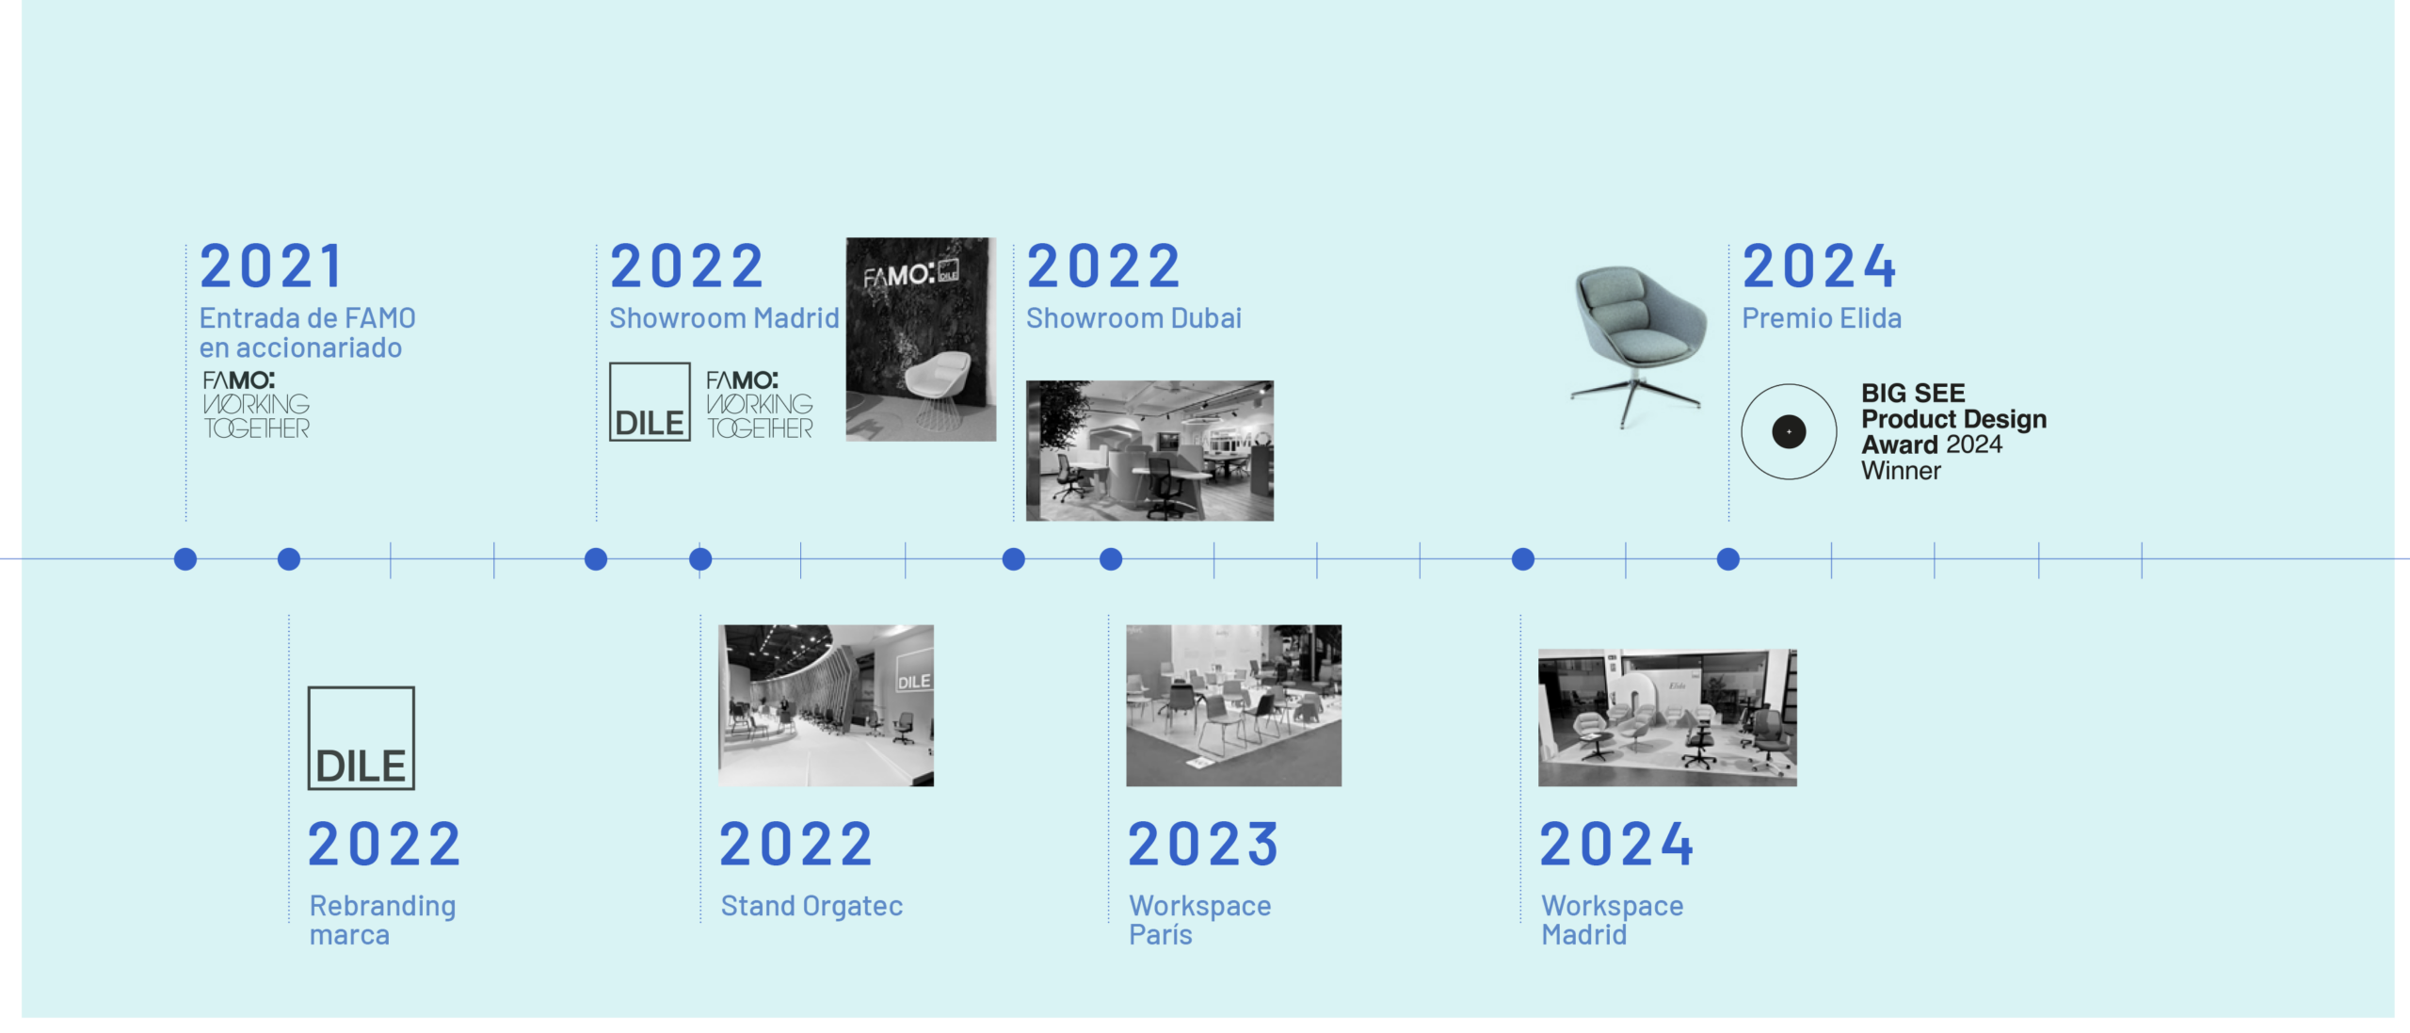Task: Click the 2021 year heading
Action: coord(271,266)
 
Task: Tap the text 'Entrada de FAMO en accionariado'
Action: coord(307,332)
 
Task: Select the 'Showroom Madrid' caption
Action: coord(724,318)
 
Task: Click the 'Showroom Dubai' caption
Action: coord(1133,318)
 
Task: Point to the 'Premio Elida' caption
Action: coord(1822,318)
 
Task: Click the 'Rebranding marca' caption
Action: coord(382,920)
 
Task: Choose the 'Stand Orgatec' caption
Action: coord(811,906)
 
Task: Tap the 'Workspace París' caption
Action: coord(1199,920)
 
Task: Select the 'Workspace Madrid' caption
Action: coord(1612,920)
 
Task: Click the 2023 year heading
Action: coord(1204,844)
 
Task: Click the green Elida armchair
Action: coord(1638,344)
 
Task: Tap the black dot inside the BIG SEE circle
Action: coord(1789,432)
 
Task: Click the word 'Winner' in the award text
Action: coord(1901,471)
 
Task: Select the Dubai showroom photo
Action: coord(1149,451)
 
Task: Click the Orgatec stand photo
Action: coord(826,705)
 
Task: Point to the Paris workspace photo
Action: coord(1233,705)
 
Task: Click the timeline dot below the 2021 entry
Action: coord(185,559)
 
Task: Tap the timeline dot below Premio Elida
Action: coord(1728,559)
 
